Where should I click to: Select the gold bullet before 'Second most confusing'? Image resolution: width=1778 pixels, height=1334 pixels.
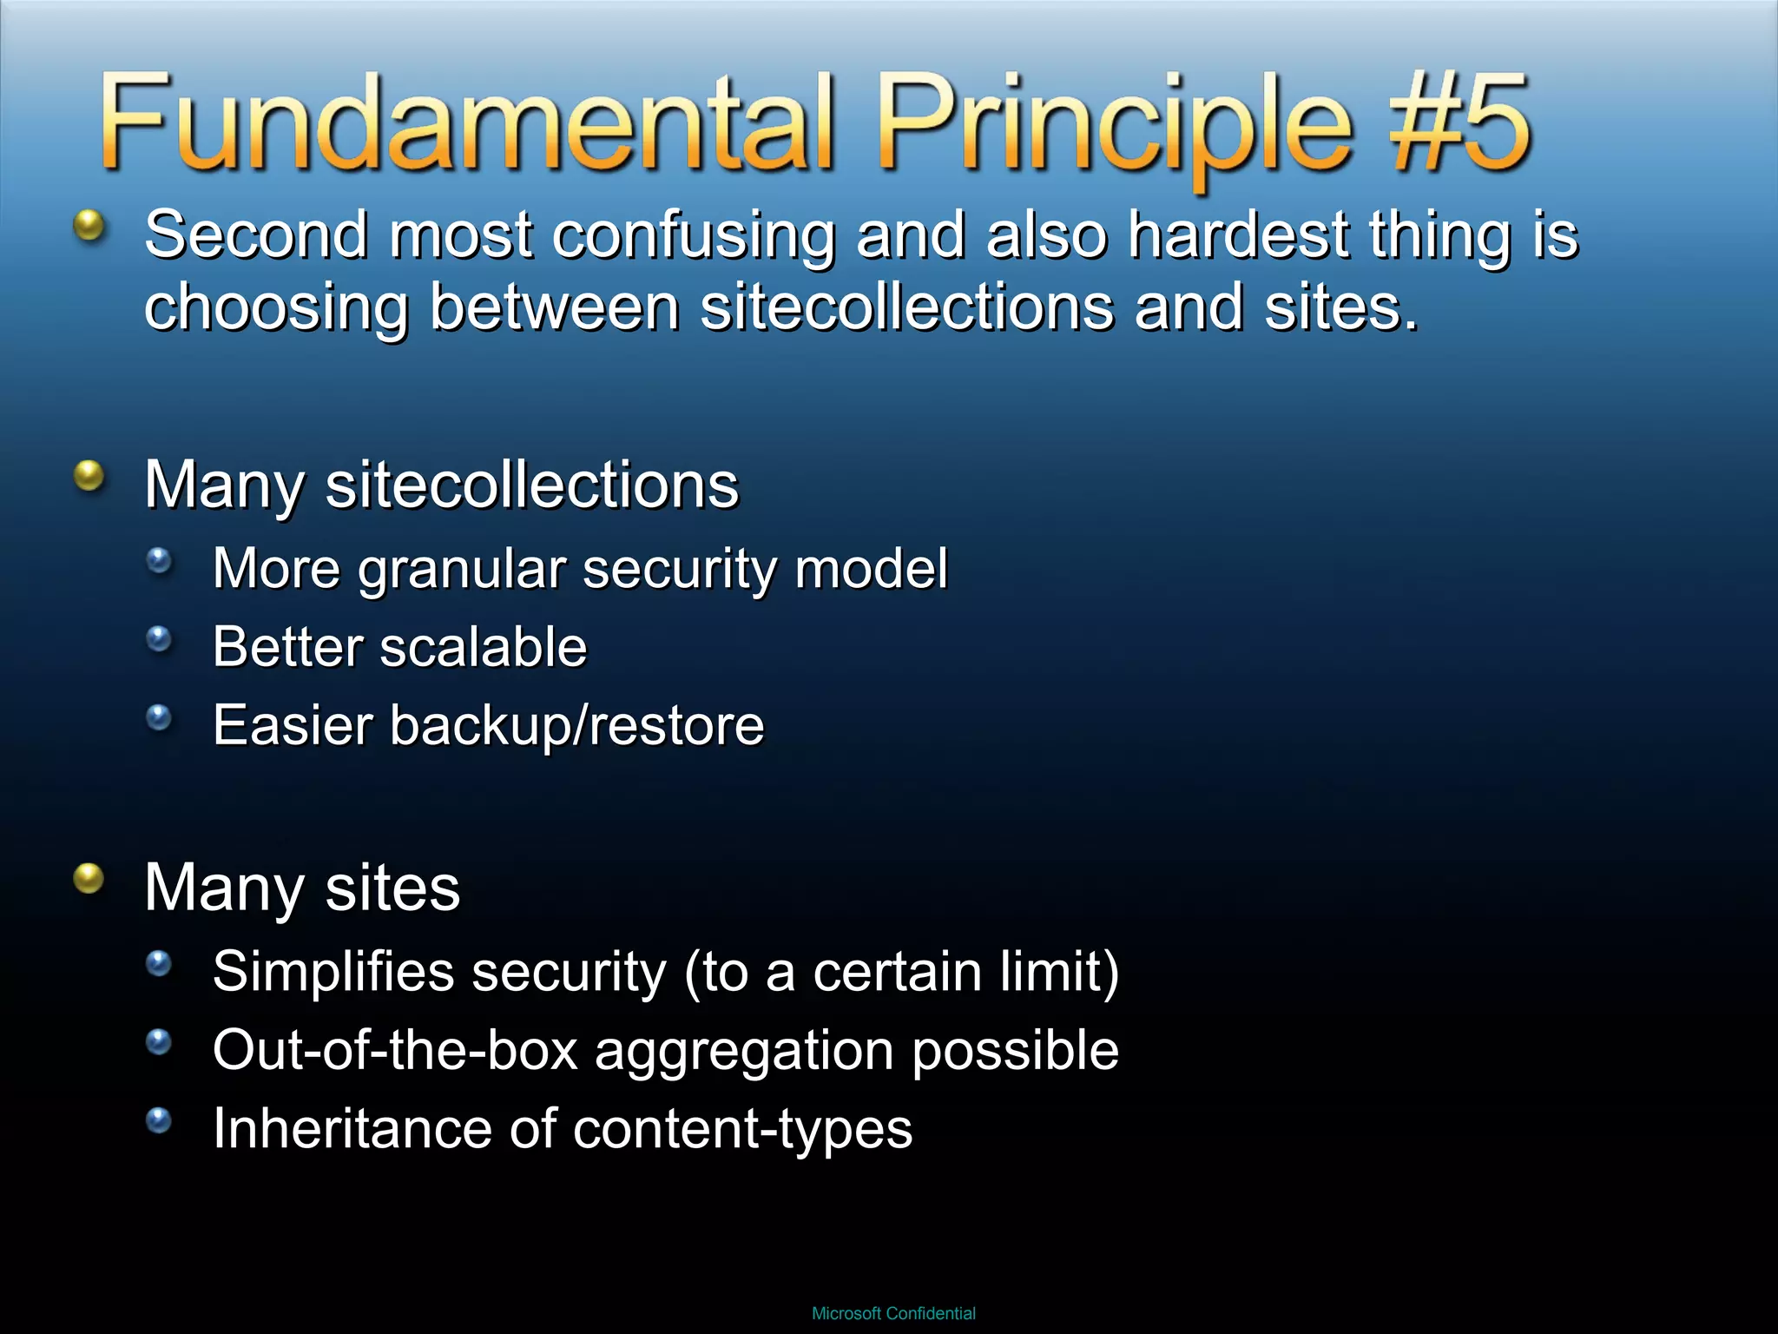point(89,226)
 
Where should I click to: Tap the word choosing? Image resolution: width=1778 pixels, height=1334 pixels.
point(276,308)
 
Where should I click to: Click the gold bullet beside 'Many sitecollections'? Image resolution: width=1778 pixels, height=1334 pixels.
point(89,476)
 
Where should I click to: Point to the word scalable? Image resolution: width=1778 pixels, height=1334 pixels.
point(484,647)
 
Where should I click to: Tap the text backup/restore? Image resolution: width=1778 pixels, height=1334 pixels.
point(576,725)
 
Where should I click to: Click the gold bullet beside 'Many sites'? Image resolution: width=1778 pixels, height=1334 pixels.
point(89,878)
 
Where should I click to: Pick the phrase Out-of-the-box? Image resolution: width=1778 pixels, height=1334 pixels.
point(395,1050)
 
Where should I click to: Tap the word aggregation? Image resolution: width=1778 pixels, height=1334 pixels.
point(744,1052)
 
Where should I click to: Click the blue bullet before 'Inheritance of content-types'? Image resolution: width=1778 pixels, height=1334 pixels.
point(159,1120)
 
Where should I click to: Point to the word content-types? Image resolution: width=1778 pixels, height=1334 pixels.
point(742,1129)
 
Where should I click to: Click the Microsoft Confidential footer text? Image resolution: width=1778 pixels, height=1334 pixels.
point(893,1313)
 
